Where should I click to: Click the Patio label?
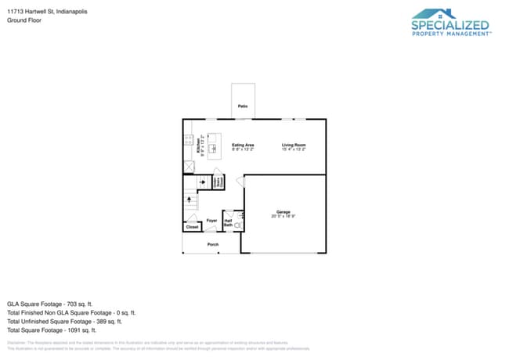[x=243, y=105]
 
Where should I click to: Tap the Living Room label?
[x=294, y=145]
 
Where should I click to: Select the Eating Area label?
[x=243, y=145]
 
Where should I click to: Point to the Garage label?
[x=283, y=212]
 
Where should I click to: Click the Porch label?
[x=212, y=245]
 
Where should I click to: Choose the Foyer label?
[x=211, y=221]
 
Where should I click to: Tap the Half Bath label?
[x=229, y=223]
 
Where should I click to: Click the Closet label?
[x=192, y=227]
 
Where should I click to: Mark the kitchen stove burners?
[x=189, y=141]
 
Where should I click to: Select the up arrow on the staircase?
[x=190, y=200]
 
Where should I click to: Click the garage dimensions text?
[x=283, y=216]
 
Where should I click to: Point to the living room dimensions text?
[x=294, y=149]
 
